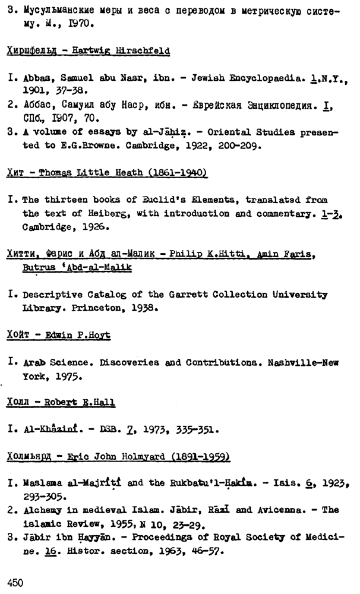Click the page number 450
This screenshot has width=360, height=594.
[x=15, y=583]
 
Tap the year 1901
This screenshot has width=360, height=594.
[x=34, y=91]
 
